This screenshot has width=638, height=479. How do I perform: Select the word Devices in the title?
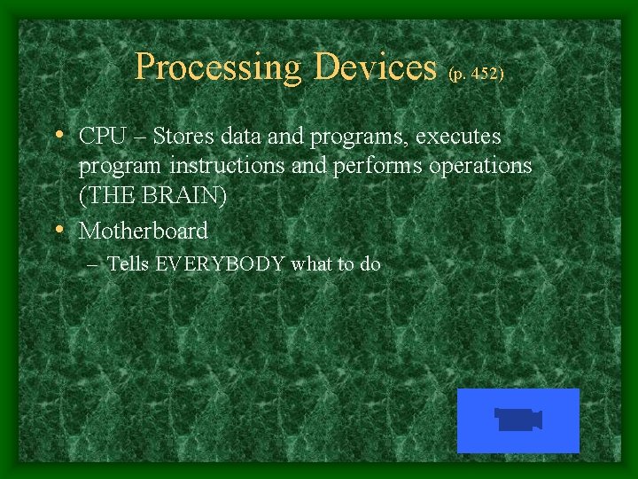[x=376, y=67]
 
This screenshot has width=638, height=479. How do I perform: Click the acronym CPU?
[x=99, y=137]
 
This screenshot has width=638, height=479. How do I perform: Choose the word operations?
[x=478, y=167]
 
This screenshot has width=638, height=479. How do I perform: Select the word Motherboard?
[x=144, y=232]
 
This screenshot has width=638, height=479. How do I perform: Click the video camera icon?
[x=518, y=420]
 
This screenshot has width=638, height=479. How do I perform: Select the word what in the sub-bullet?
[x=312, y=264]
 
